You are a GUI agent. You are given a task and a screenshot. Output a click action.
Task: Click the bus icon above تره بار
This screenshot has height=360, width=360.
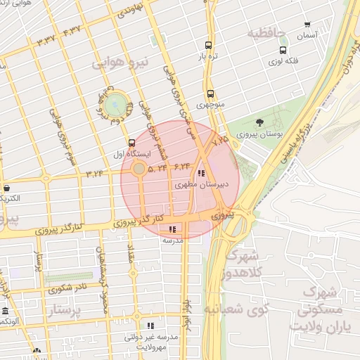[x=208, y=44]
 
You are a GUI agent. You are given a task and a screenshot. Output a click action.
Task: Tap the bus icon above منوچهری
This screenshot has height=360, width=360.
[x=210, y=94]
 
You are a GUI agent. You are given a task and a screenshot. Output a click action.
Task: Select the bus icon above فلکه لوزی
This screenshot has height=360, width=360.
[x=283, y=50]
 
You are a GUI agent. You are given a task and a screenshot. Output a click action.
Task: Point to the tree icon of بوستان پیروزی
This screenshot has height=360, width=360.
[x=261, y=122]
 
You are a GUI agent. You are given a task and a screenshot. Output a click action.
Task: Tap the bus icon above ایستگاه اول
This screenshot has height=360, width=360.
[x=131, y=143]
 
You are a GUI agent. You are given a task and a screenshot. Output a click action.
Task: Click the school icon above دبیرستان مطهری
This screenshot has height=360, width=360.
[x=202, y=173]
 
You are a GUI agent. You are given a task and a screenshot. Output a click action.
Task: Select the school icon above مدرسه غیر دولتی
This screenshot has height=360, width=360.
[x=150, y=326]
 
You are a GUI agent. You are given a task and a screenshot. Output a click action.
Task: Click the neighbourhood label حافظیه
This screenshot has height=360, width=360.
[x=264, y=32]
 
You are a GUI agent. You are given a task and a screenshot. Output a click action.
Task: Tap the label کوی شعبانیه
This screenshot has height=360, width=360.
[x=233, y=308]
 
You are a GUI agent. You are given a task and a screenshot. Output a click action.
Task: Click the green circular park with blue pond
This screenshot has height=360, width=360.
[x=117, y=105]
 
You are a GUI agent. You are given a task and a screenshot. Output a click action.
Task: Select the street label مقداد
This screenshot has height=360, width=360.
[x=132, y=259]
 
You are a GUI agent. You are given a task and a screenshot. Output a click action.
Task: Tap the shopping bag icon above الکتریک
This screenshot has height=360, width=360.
[x=6, y=188]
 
